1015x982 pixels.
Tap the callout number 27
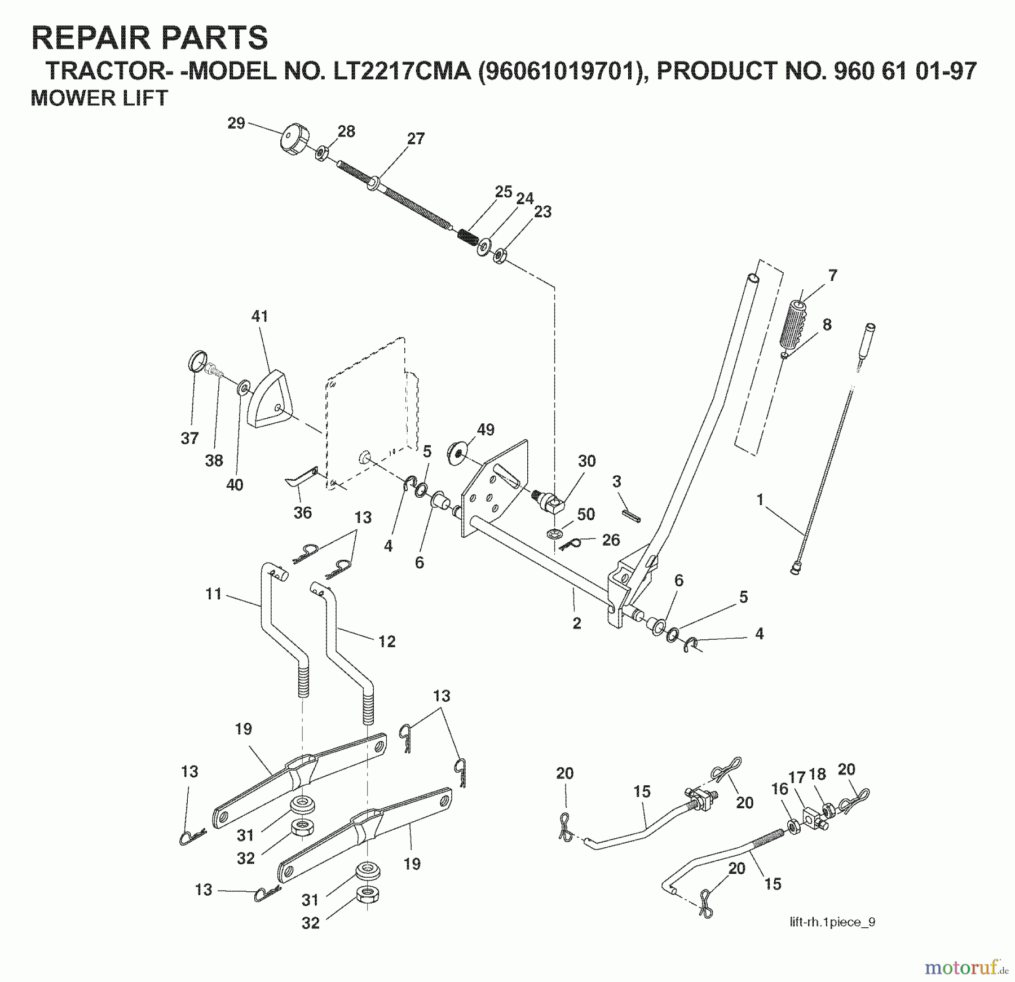click(x=416, y=139)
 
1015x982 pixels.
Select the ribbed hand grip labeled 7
click(x=795, y=326)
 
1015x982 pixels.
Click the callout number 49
click(x=486, y=430)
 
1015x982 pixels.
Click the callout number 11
click(x=214, y=594)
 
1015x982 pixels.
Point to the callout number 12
click(x=386, y=641)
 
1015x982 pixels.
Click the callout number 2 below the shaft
click(x=576, y=623)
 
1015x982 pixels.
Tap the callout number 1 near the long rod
click(x=760, y=499)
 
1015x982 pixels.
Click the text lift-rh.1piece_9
click(x=832, y=922)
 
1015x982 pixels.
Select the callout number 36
click(x=302, y=512)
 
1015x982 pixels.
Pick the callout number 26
click(x=611, y=539)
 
